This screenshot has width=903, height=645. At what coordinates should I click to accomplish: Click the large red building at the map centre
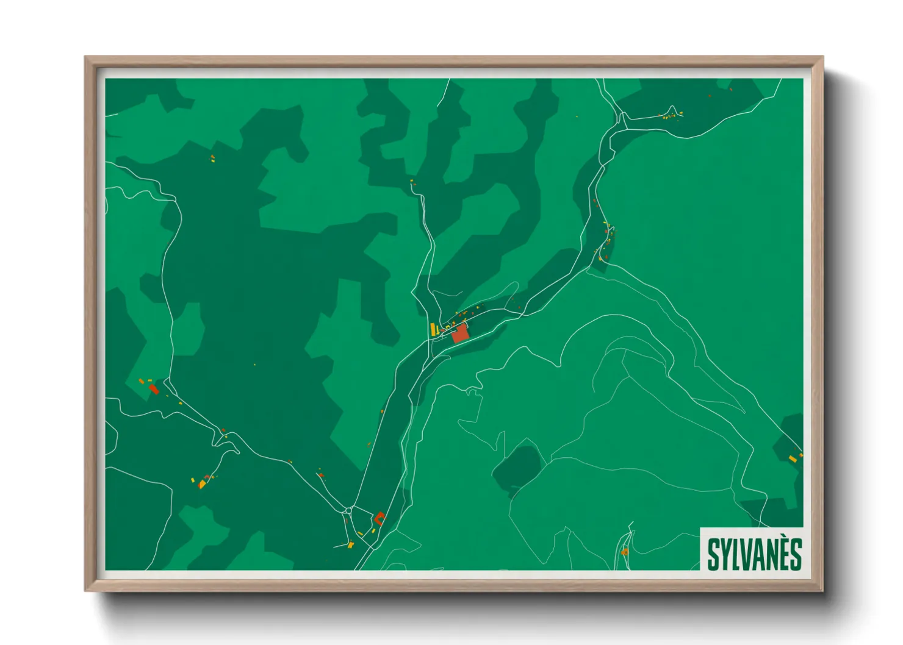click(x=460, y=333)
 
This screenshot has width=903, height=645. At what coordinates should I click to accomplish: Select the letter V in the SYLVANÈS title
click(x=746, y=554)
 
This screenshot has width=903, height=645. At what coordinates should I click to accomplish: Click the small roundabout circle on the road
click(x=348, y=510)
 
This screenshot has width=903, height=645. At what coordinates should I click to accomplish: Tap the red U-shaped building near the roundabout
click(x=380, y=519)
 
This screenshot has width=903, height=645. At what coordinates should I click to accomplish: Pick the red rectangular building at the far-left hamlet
click(x=154, y=388)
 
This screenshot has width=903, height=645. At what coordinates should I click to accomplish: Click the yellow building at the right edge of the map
click(x=792, y=458)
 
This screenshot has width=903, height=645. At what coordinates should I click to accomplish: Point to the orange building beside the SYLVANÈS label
click(x=624, y=552)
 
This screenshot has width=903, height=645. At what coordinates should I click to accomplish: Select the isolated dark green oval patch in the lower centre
click(x=516, y=469)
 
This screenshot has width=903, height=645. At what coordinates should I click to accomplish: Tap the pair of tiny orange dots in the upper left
click(x=213, y=159)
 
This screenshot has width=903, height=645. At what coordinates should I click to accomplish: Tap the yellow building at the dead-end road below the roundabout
click(x=350, y=544)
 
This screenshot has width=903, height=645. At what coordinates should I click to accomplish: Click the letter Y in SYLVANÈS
click(x=724, y=554)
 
